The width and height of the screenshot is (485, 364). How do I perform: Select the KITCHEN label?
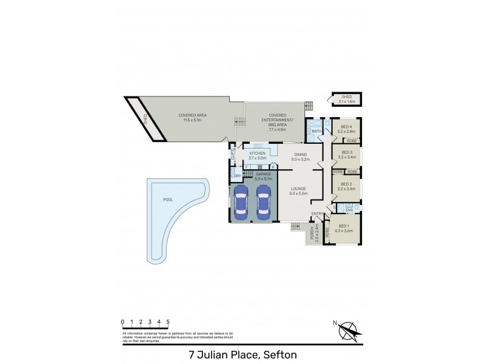coord(258,153)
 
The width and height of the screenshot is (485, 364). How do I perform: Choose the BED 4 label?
coord(347,126)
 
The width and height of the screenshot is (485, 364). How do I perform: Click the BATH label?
coord(316,131)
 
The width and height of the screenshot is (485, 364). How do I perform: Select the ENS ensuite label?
coord(349,210)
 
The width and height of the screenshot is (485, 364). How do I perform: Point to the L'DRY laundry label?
coord(235,176)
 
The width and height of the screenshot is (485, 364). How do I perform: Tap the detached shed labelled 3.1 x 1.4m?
coord(346,99)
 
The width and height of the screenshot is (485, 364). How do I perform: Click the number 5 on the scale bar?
coord(167,322)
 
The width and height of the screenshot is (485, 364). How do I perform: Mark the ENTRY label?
coord(317,214)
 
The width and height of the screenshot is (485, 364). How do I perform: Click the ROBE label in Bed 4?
coord(352,141)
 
